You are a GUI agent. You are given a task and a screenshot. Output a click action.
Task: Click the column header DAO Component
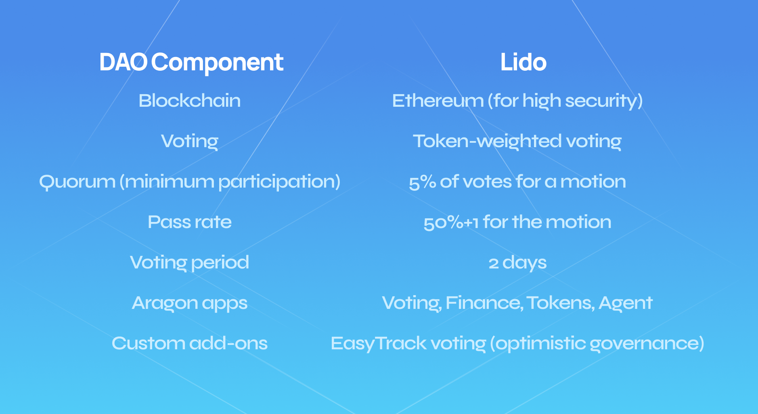[191, 62]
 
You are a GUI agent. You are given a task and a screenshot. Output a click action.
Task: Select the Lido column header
[523, 62]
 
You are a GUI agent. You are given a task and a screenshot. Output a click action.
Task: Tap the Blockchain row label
[189, 101]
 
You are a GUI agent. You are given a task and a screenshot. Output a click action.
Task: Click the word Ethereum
[438, 101]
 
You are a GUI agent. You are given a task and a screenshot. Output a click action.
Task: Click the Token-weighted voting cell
[517, 141]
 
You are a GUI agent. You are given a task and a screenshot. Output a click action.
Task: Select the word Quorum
[77, 182]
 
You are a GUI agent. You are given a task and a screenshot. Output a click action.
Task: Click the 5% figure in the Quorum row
[422, 182]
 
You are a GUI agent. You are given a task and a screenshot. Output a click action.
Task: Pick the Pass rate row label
[189, 222]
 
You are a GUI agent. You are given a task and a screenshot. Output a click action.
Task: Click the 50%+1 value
[450, 222]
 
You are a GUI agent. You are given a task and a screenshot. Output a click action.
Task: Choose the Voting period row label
[189, 262]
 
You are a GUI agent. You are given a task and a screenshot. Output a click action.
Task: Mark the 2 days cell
[517, 263]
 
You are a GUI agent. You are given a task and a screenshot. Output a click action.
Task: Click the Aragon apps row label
[189, 303]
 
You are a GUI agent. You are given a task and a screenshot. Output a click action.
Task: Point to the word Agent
[625, 303]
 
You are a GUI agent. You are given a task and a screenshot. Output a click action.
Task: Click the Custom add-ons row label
[189, 343]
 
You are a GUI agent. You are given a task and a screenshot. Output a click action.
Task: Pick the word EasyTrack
[378, 343]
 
